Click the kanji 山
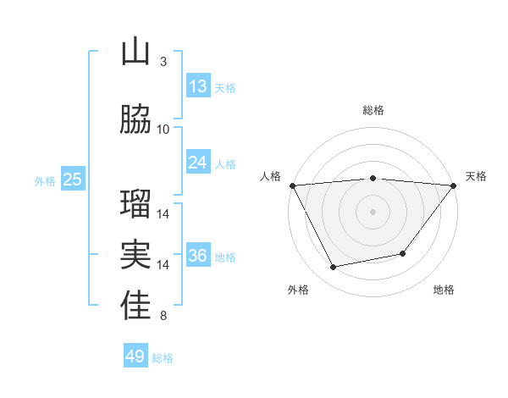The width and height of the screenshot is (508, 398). pos(135,53)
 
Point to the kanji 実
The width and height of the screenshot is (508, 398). pos(135,256)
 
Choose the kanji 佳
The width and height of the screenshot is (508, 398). pos(135,307)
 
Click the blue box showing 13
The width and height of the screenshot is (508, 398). pos(198,86)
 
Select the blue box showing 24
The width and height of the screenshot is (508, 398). pos(198,163)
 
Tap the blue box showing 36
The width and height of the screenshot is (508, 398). pos(198,256)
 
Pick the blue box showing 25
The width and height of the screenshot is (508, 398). pos(73,180)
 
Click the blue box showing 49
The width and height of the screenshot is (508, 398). pos(135,357)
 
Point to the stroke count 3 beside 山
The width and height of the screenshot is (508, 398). pos(163,62)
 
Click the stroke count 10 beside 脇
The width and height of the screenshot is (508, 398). pos(163,129)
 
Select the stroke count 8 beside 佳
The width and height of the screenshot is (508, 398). pos(163,317)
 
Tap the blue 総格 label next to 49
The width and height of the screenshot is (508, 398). pos(163,358)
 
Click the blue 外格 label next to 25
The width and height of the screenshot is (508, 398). pos(45,180)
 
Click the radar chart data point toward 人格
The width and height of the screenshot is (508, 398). pos(292,185)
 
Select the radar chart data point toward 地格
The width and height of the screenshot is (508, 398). pos(403,253)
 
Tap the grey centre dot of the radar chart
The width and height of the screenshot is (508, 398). pos(373,212)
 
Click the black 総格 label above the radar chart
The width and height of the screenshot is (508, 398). pos(373,110)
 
